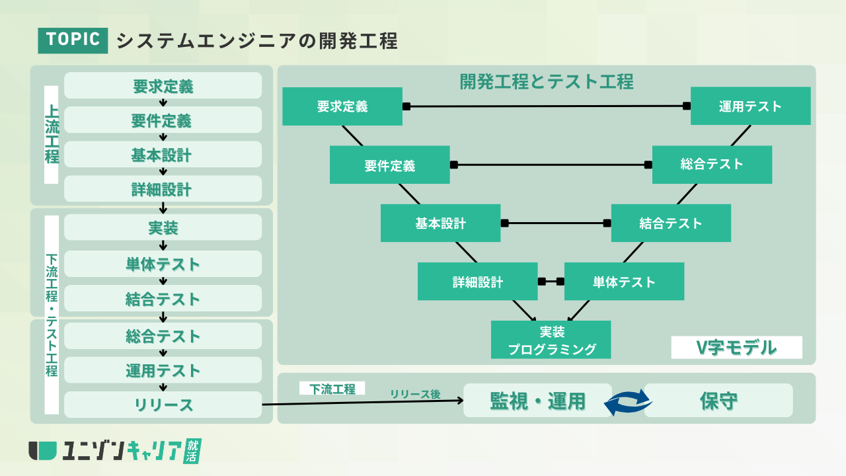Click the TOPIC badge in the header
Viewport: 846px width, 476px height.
[73, 40]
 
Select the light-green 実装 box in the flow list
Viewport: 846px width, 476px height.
[163, 228]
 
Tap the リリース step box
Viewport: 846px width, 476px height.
[163, 405]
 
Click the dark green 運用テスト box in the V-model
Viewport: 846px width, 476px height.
[750, 106]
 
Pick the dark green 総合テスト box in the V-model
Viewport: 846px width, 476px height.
[712, 165]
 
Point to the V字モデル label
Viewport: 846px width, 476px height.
[736, 347]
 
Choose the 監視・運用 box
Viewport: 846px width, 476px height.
[537, 401]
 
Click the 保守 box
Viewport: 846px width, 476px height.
[718, 401]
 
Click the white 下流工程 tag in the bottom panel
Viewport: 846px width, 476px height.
[332, 389]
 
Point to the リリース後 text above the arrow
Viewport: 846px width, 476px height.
[414, 394]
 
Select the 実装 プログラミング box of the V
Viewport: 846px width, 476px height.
[551, 340]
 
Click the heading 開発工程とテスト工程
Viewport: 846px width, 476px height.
[546, 81]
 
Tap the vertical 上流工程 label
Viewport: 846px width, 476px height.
[52, 134]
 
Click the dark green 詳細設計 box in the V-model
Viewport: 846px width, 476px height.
[477, 282]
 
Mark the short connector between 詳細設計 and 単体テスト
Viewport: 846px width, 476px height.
[551, 282]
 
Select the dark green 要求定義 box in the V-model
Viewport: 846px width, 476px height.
[342, 106]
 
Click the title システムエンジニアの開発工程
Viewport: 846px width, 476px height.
[256, 40]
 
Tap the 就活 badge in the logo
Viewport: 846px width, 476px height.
[192, 450]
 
